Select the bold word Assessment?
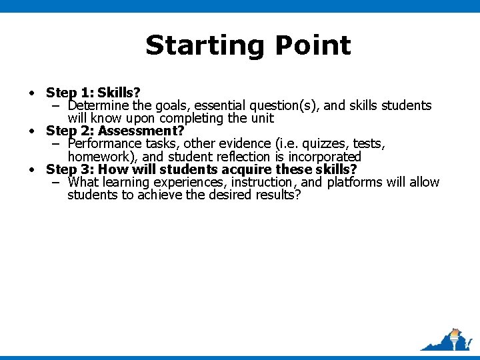141,131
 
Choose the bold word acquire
248,169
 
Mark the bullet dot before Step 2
31,131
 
